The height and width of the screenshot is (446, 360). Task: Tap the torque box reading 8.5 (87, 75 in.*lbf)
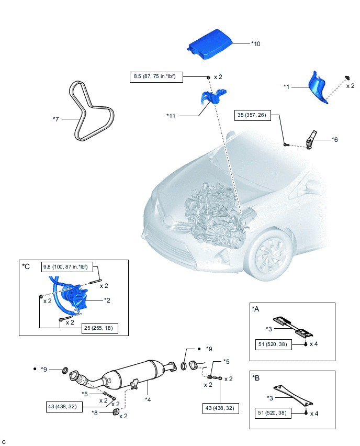pyautogui.click(x=155, y=77)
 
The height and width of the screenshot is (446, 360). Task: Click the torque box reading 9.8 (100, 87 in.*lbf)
pyautogui.click(x=66, y=267)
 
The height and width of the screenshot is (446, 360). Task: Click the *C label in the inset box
pyautogui.click(x=26, y=266)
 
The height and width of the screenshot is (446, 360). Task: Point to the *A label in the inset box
pyautogui.click(x=256, y=309)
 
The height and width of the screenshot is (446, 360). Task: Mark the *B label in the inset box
pyautogui.click(x=256, y=377)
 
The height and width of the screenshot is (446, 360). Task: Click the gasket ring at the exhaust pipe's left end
pyautogui.click(x=65, y=371)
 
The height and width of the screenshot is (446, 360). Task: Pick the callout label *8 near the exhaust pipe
pyautogui.click(x=95, y=413)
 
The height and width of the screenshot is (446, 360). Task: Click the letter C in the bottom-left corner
pyautogui.click(x=4, y=442)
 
